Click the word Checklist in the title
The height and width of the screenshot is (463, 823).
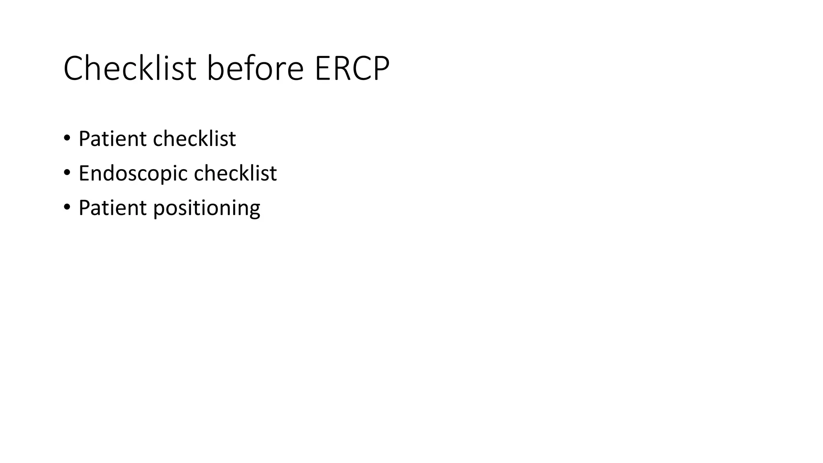coord(129,68)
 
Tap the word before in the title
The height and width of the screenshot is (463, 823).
coord(255,68)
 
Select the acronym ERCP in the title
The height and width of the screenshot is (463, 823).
coord(352,68)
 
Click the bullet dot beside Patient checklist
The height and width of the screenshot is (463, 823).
coord(67,138)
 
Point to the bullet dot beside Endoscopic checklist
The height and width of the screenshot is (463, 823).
coord(67,173)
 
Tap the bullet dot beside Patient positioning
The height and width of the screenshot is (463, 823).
coord(67,207)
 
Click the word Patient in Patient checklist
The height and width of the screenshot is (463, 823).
coord(113,139)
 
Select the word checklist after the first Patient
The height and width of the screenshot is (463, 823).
coord(194,139)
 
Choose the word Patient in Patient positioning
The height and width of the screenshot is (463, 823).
coord(113,208)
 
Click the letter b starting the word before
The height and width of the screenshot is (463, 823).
coord(215,68)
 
